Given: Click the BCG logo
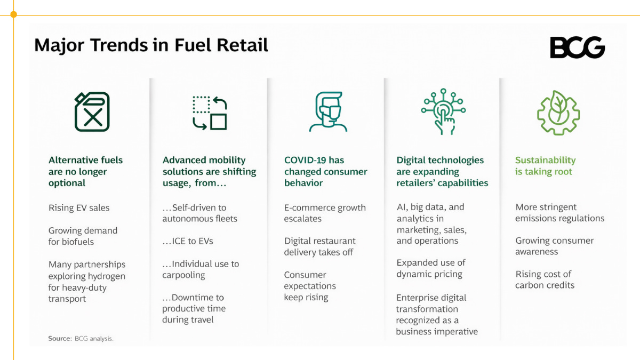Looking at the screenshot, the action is coord(578,47).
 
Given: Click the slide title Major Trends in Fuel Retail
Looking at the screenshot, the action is coord(151,46).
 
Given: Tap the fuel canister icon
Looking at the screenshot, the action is coord(92,111).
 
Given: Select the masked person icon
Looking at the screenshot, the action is coord(328,111).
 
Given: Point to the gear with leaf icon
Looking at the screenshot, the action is coord(558,113).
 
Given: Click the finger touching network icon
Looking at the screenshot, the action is coord(443,111).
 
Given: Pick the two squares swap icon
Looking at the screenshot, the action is coord(210,113).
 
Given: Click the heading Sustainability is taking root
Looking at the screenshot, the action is coord(545,166).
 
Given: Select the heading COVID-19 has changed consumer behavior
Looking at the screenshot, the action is coord(326,171).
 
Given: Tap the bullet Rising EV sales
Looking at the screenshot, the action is coord(79,207).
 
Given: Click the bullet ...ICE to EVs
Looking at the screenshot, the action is coord(188,241).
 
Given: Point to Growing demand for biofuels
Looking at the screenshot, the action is coord(83,236).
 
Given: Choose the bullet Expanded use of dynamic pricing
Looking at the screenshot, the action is coord(431,268).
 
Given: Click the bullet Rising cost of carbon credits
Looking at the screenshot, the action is coord(545,279).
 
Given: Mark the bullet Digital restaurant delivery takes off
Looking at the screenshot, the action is coord(319,246).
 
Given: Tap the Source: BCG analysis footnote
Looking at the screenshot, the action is coord(81,339).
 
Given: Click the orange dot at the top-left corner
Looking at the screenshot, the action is coord(13,14).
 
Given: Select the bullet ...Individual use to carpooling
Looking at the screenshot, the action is coord(201,269).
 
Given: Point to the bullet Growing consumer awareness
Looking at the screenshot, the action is coord(554,246).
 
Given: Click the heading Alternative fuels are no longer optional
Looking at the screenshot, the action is coord(85,171).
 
